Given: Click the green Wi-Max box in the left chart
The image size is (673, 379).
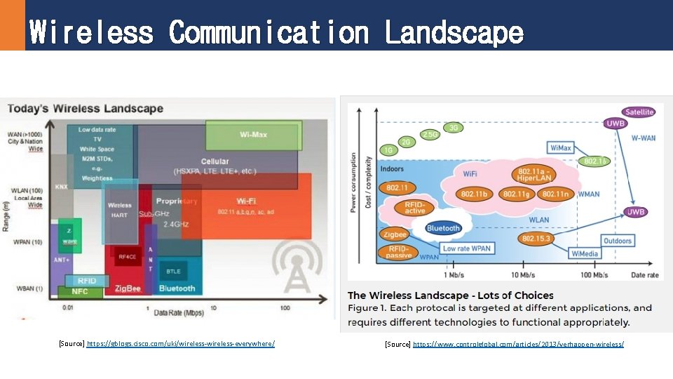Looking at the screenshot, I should pyautogui.click(x=254, y=135).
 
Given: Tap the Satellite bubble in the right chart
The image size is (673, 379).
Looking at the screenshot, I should pyautogui.click(x=639, y=112).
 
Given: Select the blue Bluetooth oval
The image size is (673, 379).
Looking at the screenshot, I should pyautogui.click(x=443, y=228).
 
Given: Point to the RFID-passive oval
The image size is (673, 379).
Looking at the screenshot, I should pyautogui.click(x=399, y=251).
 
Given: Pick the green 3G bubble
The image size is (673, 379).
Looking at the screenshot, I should pyautogui.click(x=454, y=128).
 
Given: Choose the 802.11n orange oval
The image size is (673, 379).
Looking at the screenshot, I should pyautogui.click(x=556, y=194).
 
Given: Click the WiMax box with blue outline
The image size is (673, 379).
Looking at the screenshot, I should pyautogui.click(x=561, y=148).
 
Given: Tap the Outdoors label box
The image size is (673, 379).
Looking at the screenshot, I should pyautogui.click(x=618, y=241).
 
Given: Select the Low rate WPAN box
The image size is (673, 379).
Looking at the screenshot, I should pyautogui.click(x=467, y=248).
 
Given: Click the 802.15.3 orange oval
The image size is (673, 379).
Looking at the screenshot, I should pyautogui.click(x=538, y=239).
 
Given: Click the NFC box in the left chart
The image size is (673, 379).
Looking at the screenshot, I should pyautogui.click(x=80, y=291).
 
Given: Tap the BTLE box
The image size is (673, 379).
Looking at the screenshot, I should pyautogui.click(x=173, y=271).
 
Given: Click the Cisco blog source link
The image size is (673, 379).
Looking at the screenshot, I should pyautogui.click(x=180, y=343).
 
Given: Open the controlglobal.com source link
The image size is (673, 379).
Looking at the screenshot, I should pyautogui.click(x=518, y=344).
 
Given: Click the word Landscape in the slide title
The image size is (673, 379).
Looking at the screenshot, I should pyautogui.click(x=454, y=32).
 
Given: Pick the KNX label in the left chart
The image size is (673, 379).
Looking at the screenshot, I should pyautogui.click(x=61, y=187).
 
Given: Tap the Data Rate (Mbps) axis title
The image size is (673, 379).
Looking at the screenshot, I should pyautogui.click(x=178, y=311).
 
